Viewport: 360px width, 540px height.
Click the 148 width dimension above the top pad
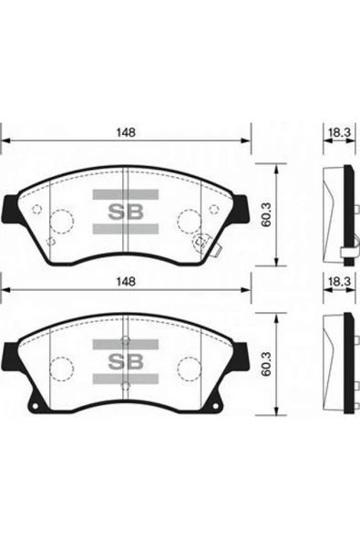(x=126, y=132)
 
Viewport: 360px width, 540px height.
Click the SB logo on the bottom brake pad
(x=126, y=360)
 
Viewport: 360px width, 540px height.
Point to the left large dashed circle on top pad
(x=61, y=222)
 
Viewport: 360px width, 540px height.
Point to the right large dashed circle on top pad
(x=190, y=222)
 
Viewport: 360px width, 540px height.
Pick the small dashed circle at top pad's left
(x=36, y=209)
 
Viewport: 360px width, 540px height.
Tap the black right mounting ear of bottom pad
(x=243, y=354)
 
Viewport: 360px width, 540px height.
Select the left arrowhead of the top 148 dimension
(x=5, y=141)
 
